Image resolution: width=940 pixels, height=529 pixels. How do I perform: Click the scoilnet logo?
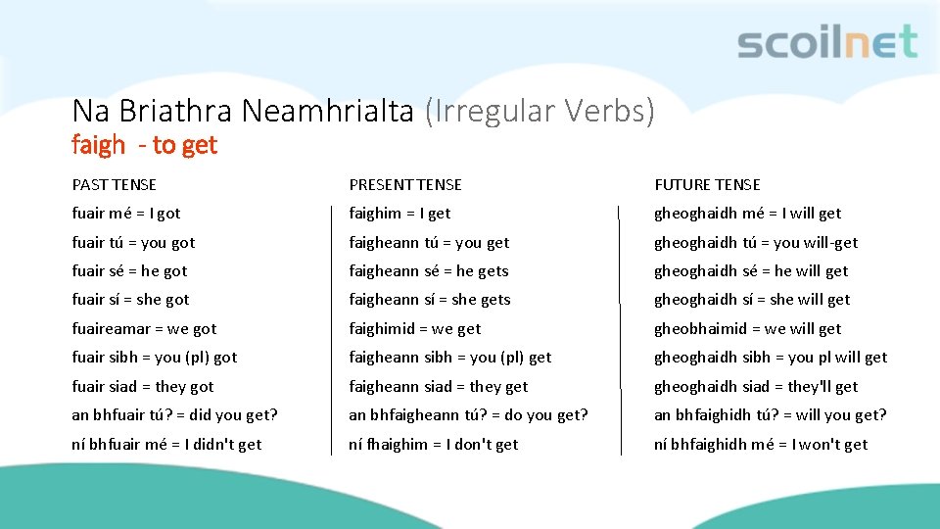[827, 43]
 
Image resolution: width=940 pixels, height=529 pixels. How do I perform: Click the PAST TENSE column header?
[114, 184]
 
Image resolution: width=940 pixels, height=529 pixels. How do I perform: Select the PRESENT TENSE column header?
[405, 184]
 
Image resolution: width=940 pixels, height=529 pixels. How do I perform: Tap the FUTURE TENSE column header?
[707, 184]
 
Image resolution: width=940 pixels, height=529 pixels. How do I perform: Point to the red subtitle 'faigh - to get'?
[144, 145]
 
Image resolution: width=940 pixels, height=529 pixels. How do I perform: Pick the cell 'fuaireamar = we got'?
[144, 328]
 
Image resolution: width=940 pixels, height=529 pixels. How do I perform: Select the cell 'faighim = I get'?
[399, 213]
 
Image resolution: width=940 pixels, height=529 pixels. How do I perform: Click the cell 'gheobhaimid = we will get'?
[747, 328]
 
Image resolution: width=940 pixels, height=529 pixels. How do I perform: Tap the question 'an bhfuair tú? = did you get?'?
[174, 414]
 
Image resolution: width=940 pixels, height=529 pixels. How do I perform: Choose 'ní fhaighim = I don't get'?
[434, 444]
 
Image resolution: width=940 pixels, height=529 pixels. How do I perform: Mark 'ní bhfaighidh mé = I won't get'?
[761, 444]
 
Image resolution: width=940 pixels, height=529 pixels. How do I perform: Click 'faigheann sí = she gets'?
[430, 299]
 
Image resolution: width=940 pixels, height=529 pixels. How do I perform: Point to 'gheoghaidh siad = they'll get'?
[756, 386]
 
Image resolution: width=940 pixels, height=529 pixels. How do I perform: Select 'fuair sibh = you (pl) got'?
[155, 357]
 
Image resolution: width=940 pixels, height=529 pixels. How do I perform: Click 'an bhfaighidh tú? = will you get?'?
[771, 414]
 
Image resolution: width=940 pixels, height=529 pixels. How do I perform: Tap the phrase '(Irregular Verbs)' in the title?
[540, 111]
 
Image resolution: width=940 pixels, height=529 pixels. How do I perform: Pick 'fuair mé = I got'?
[126, 213]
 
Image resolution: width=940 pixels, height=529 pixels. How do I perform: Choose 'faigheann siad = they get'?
[439, 386]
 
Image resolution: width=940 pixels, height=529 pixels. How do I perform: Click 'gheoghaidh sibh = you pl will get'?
[771, 357]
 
